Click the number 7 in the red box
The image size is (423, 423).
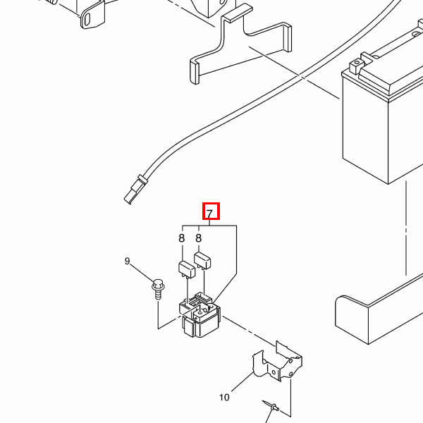(210, 214)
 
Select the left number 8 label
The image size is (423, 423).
(182, 238)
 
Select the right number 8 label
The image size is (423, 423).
(199, 238)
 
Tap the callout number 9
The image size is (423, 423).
(128, 261)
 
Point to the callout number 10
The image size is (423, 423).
(224, 398)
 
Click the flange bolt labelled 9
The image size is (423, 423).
(158, 289)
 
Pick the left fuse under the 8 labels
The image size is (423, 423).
(187, 269)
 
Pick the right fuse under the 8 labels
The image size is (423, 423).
(202, 260)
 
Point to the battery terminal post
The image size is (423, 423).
(356, 65)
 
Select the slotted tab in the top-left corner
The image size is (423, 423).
(92, 16)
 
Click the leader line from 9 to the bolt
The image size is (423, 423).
(142, 273)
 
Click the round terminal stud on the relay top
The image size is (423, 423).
(200, 312)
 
